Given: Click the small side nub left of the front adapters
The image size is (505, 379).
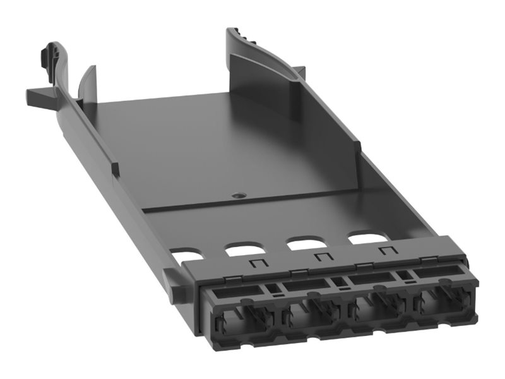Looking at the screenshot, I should (x=169, y=280).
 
